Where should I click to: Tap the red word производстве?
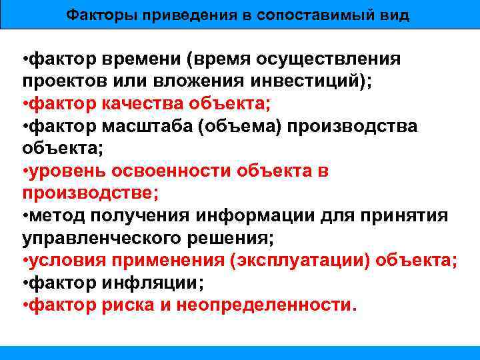(x=90, y=194)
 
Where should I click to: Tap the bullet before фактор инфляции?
(x=25, y=283)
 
